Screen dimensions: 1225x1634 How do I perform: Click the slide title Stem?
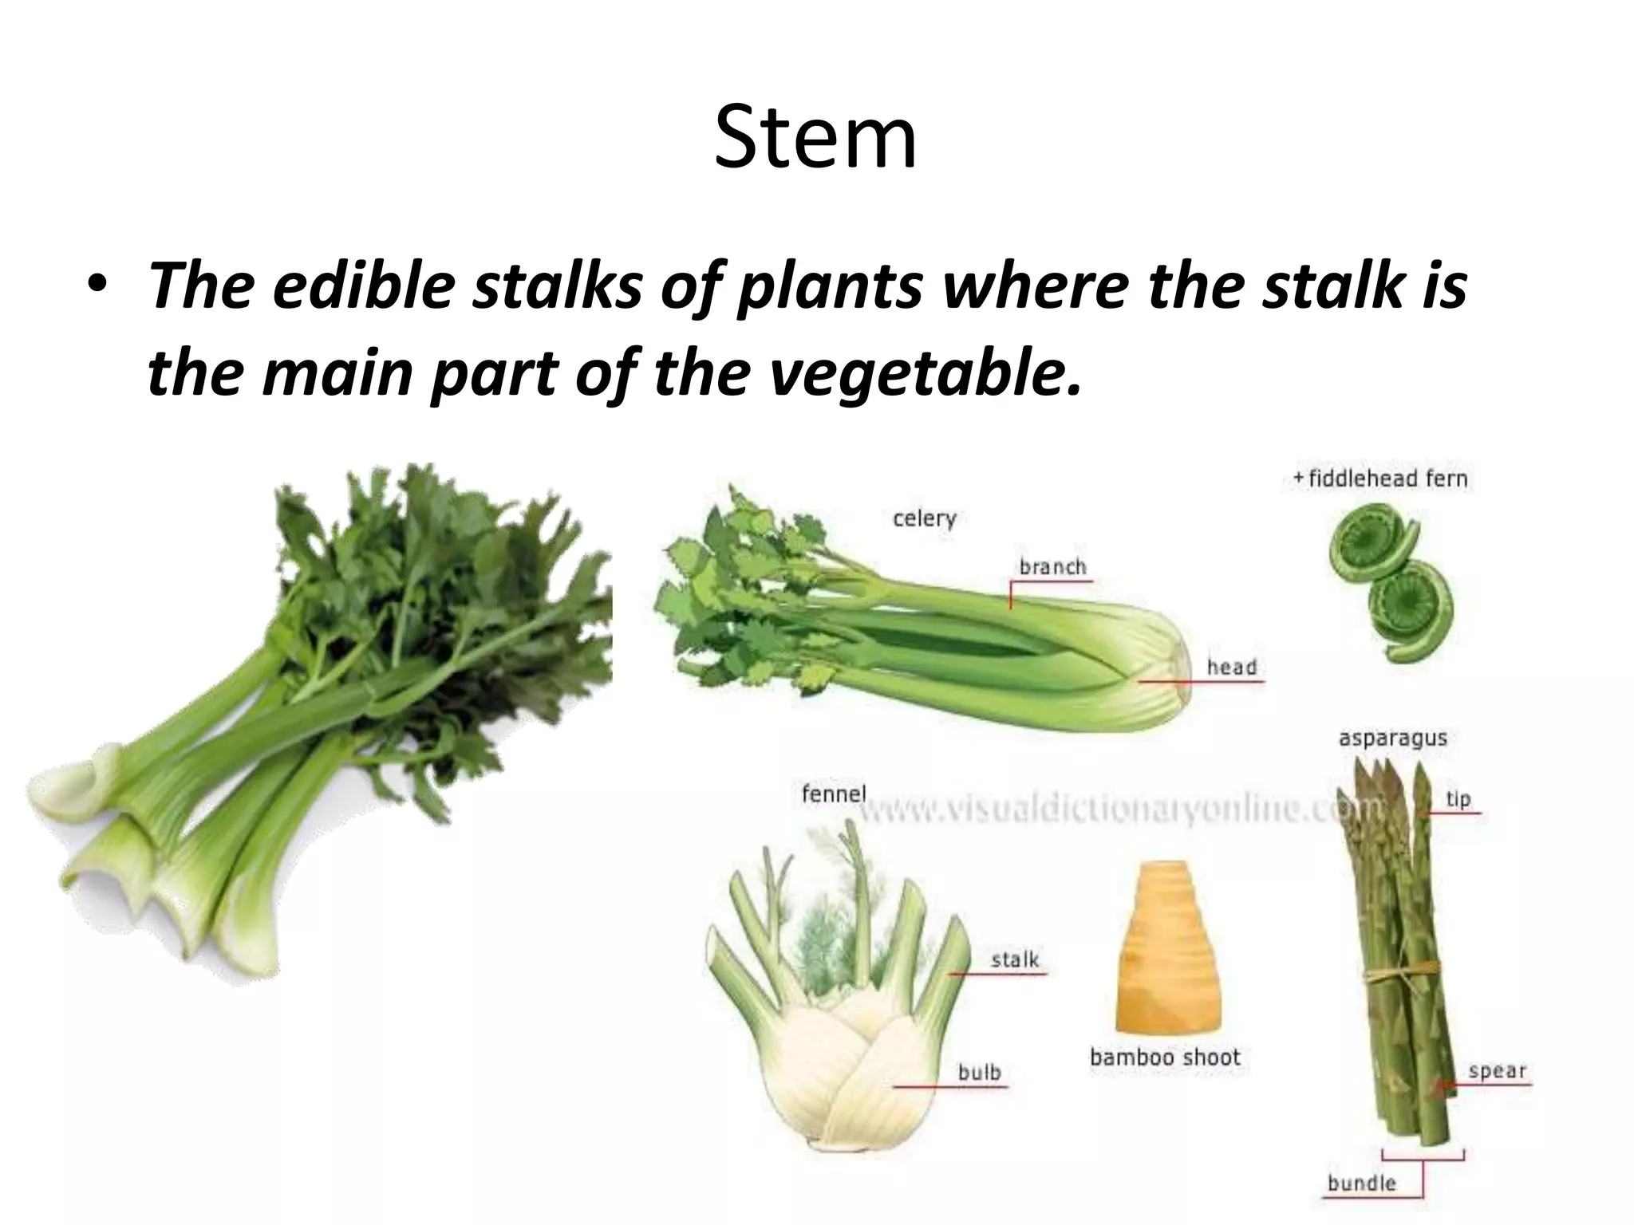[x=815, y=138]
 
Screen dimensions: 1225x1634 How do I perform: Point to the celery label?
[x=924, y=519]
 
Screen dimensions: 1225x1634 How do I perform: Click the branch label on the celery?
[x=1053, y=567]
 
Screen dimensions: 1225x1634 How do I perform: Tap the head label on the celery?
[x=1231, y=667]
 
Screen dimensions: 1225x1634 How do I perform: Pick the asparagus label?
[x=1392, y=739]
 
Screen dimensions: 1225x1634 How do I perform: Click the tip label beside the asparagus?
[x=1458, y=799]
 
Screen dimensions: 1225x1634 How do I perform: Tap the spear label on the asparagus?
[x=1497, y=1071]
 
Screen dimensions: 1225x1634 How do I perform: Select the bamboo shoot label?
[x=1165, y=1058]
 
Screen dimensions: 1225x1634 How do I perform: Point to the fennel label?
[x=834, y=794]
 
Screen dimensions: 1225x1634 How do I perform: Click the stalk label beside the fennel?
[x=1015, y=959]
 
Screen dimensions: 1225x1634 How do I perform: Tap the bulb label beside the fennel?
[x=979, y=1073]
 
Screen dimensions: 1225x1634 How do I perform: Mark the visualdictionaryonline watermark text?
[x=1117, y=810]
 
